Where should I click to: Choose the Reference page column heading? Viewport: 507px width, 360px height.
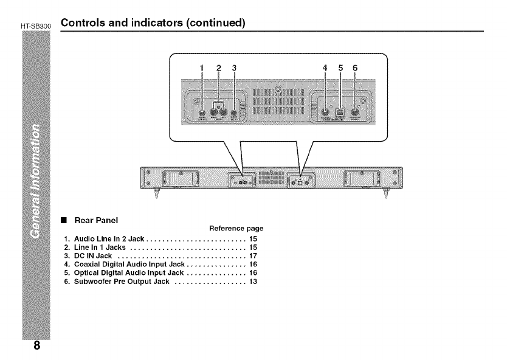236,229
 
